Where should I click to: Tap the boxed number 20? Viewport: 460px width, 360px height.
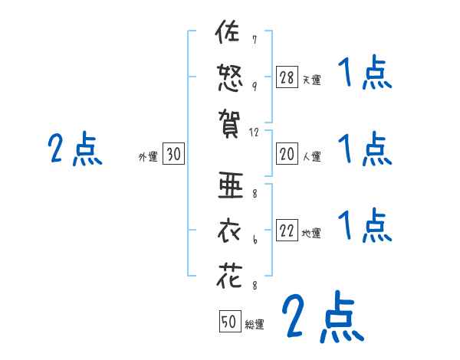[x=287, y=154]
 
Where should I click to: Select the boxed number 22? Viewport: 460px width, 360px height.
[x=287, y=231]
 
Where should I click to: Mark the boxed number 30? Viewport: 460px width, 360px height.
[x=173, y=155]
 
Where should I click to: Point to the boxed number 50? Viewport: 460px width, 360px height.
[x=229, y=322]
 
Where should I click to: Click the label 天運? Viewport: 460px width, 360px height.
[x=311, y=79]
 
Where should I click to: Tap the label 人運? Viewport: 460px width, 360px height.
[x=311, y=157]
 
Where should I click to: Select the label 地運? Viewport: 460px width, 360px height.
[x=311, y=234]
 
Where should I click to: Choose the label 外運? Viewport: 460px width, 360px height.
[x=148, y=157]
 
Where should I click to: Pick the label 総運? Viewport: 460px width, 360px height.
[x=255, y=325]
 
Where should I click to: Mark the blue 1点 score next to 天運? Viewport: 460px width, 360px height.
[x=365, y=75]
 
